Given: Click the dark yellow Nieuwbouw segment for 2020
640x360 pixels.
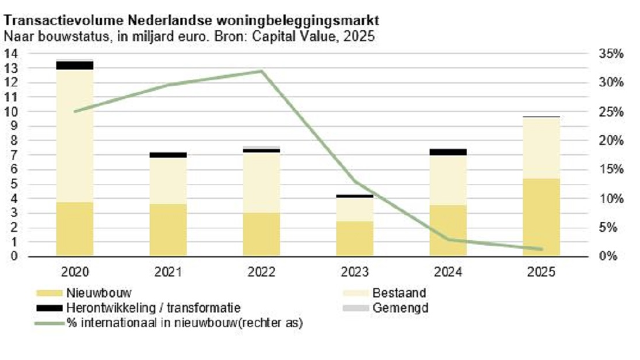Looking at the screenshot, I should click(75, 229).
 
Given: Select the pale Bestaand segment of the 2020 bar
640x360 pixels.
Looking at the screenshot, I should click(75, 136).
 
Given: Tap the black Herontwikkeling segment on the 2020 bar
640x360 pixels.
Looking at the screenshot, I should click(75, 65).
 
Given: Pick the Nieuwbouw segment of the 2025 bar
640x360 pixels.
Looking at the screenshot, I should click(541, 217).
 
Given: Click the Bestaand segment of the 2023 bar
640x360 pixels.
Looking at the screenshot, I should click(355, 209).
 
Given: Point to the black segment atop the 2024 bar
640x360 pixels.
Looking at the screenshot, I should click(448, 152).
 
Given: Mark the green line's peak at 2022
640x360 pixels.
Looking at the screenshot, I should click(261, 71).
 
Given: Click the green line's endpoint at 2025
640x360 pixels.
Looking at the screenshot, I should click(541, 249).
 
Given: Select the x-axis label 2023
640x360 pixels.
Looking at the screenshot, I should click(355, 272).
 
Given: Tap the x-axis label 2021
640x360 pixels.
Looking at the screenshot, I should click(168, 272).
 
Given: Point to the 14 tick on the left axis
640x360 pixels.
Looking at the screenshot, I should click(11, 54).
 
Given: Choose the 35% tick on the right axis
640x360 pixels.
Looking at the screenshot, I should click(610, 54).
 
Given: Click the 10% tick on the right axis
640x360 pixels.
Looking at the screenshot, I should click(610, 198).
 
